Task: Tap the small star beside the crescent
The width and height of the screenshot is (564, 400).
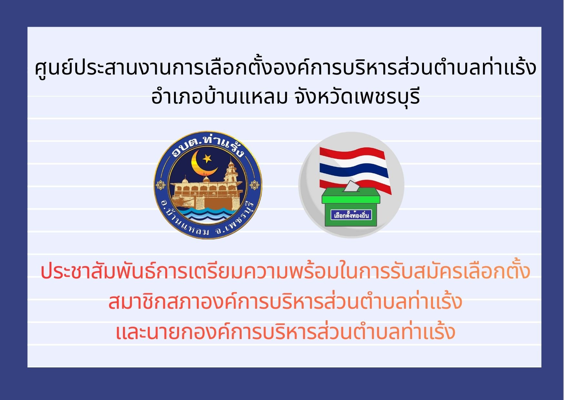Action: point(206,158)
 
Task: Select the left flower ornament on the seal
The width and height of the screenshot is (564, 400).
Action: point(160,185)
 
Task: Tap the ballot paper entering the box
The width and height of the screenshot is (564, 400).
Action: point(351,186)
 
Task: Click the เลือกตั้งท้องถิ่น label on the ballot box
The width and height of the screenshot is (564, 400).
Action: point(351,215)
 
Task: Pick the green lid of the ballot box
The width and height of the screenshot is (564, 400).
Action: point(351,196)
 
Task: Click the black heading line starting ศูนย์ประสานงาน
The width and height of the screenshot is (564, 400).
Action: point(285,68)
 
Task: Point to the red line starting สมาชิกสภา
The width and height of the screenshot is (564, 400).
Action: point(285,301)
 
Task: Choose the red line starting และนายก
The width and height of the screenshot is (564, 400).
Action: point(285,331)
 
